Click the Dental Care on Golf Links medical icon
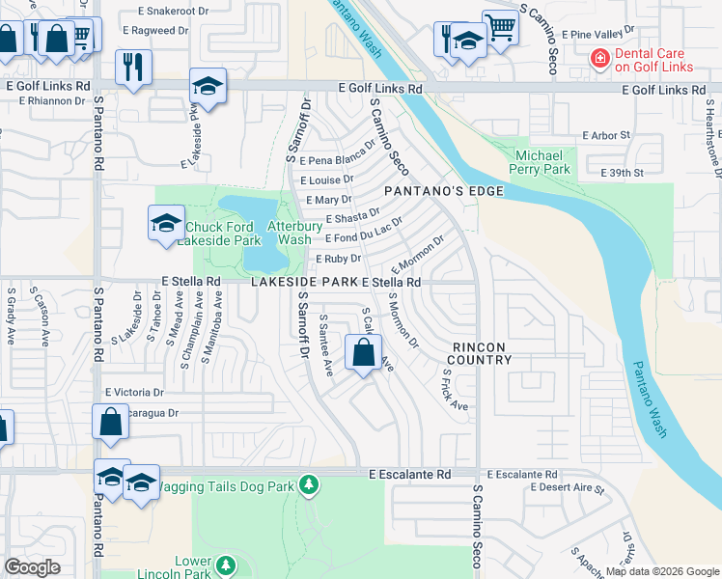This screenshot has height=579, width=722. click(x=600, y=59)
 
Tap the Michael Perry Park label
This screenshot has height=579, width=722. click(x=543, y=162)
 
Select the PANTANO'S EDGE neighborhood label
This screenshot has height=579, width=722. click(x=444, y=191)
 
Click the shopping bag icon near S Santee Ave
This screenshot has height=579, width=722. click(x=363, y=352)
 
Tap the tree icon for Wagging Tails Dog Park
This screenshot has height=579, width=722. click(x=308, y=484)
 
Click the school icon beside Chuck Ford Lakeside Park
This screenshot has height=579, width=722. click(x=166, y=224)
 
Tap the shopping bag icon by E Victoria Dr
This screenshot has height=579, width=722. click(x=111, y=422)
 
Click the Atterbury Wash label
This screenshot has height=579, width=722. click(x=289, y=233)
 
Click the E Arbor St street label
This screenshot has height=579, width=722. click(x=607, y=135)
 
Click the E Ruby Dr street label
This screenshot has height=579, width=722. click(x=338, y=259)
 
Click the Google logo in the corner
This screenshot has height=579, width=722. click(x=32, y=567)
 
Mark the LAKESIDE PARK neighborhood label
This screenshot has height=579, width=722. click(x=305, y=282)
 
